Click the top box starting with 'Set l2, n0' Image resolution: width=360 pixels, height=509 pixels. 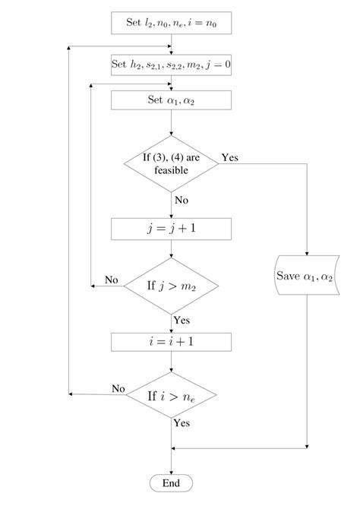(171, 23)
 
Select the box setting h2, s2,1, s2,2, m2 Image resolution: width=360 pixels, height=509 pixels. (171, 65)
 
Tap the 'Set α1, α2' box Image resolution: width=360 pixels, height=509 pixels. (171, 100)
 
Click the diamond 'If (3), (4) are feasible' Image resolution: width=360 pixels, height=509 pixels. (171, 164)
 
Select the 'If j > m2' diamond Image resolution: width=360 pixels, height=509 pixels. (171, 286)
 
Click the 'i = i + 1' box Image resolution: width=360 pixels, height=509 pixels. (171, 343)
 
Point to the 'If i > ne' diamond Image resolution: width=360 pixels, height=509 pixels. (171, 397)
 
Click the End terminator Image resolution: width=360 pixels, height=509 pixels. (171, 483)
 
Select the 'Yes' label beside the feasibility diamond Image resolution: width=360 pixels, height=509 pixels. (229, 157)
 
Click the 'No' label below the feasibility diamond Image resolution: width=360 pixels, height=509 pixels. (182, 201)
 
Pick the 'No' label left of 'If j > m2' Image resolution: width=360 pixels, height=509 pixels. (112, 280)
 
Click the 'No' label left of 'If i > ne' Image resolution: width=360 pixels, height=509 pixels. (118, 388)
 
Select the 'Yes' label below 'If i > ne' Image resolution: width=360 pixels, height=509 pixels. (182, 423)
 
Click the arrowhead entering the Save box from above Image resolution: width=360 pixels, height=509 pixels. (306, 255)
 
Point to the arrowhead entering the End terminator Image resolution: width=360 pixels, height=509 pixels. (171, 472)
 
